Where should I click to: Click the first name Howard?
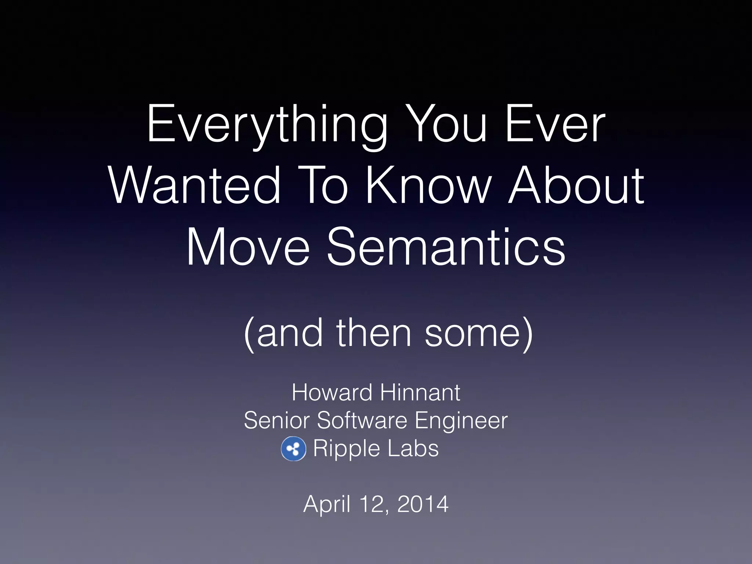pyautogui.click(x=332, y=393)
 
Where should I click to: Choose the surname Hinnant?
pyautogui.click(x=420, y=393)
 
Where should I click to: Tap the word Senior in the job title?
pyautogui.click(x=276, y=420)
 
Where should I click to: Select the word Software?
pyautogui.click(x=362, y=420)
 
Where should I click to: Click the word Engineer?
pyautogui.click(x=461, y=420)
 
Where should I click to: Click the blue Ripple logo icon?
pyautogui.click(x=293, y=449)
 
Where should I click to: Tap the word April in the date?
pyautogui.click(x=326, y=504)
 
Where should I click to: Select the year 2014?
pyautogui.click(x=423, y=504)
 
